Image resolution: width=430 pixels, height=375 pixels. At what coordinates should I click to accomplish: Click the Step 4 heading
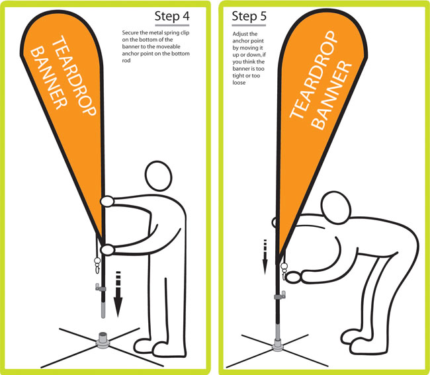pyautogui.click(x=172, y=16)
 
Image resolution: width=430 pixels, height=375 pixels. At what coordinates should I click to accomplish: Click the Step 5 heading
pyautogui.click(x=249, y=16)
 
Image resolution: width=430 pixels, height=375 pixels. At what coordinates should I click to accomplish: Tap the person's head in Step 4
pyautogui.click(x=158, y=176)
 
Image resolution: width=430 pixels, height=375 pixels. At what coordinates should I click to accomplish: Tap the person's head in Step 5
pyautogui.click(x=336, y=208)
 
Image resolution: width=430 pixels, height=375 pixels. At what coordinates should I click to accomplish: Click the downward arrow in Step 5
pyautogui.click(x=265, y=257)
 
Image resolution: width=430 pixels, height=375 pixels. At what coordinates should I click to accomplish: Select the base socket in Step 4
pyautogui.click(x=103, y=341)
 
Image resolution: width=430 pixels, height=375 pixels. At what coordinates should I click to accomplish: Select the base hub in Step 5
pyautogui.click(x=278, y=345)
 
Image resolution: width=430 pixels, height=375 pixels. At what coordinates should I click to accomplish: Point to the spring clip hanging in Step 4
pyautogui.click(x=97, y=265)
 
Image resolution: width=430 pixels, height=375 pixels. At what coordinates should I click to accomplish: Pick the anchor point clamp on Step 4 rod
pyautogui.click(x=100, y=288)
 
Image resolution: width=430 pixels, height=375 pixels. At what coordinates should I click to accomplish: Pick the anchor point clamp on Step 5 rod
pyautogui.click(x=280, y=296)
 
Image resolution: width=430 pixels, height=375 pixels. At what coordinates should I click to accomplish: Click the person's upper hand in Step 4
pyautogui.click(x=107, y=201)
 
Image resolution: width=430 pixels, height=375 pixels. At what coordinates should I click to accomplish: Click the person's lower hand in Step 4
pyautogui.click(x=107, y=250)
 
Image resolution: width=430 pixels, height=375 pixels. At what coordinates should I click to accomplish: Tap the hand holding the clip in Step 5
pyautogui.click(x=293, y=277)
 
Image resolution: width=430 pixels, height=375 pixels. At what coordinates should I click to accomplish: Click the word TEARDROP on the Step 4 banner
pyautogui.click(x=74, y=75)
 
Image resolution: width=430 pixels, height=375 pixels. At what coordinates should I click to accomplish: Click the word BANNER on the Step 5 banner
pyautogui.click(x=332, y=95)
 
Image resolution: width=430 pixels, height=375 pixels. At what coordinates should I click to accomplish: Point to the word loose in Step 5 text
pyautogui.click(x=239, y=83)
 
